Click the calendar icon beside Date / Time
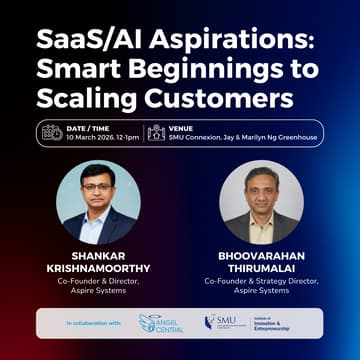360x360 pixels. click(52, 132)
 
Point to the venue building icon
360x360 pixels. click(156, 132)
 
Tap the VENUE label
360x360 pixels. click(181, 127)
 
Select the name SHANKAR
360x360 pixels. click(98, 254)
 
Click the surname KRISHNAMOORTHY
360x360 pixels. click(98, 268)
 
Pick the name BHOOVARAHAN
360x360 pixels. click(261, 254)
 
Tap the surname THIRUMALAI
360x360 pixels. click(261, 268)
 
